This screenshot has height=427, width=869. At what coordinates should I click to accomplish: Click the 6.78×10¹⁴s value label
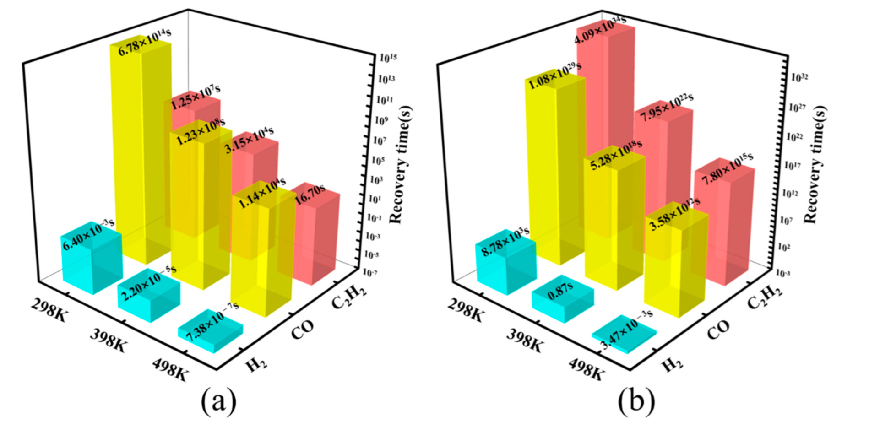click(x=145, y=44)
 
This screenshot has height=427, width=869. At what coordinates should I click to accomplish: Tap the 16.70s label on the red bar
click(x=310, y=196)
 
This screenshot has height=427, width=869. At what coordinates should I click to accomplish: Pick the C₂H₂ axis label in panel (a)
click(x=349, y=296)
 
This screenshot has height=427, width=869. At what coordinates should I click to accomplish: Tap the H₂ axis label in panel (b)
click(x=673, y=364)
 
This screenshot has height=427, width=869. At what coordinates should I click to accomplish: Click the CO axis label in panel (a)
click(x=303, y=330)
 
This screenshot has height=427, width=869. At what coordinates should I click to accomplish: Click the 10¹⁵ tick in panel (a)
click(x=388, y=58)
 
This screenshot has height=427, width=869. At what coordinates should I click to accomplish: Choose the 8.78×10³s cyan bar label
click(x=505, y=240)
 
